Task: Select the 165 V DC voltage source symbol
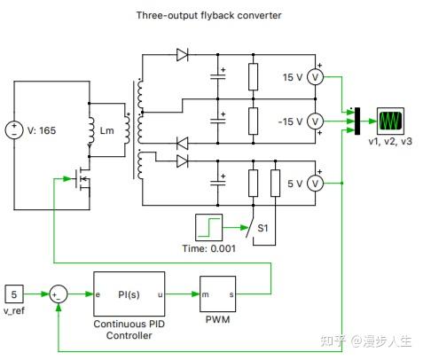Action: [x=15, y=130]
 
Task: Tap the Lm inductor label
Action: [x=107, y=131]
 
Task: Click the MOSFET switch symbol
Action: [x=83, y=180]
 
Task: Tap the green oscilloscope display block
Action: [x=390, y=120]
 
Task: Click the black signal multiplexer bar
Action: [x=356, y=120]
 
